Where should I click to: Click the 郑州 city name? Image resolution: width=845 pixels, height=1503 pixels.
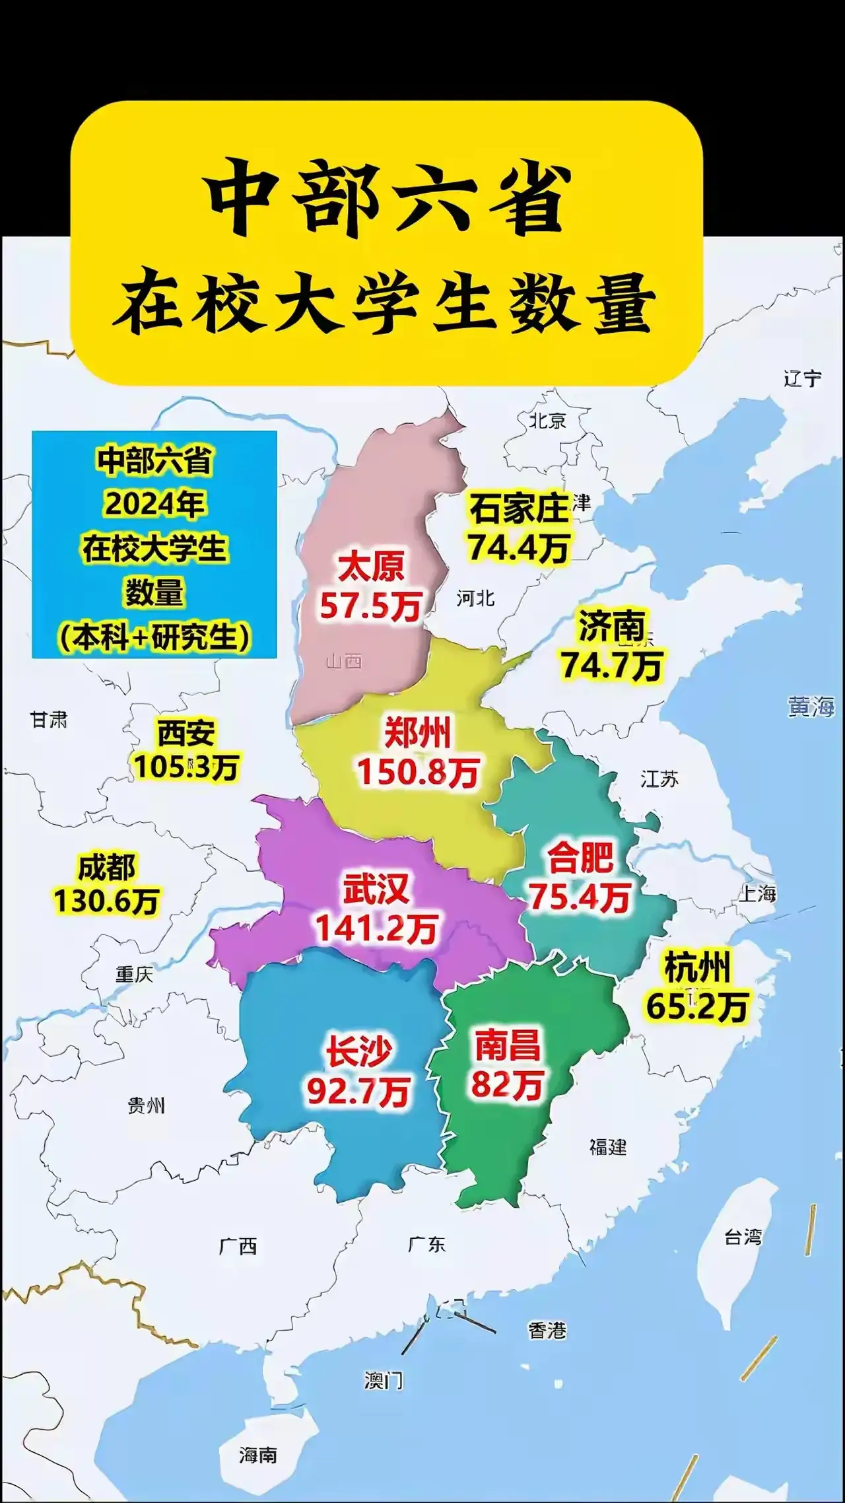coord(417,732)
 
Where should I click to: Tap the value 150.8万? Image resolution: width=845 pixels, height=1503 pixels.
coord(418,772)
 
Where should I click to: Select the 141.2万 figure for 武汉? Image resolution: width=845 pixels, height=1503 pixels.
coord(376,928)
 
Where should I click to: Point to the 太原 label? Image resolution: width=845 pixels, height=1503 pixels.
coord(371,567)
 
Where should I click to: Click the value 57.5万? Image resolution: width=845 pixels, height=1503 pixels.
coord(370,606)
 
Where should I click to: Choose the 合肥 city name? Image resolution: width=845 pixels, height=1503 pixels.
coord(580,857)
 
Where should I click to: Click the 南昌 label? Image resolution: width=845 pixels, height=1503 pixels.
coord(507,1045)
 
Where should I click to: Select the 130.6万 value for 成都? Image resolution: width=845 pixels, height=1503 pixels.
coord(106,901)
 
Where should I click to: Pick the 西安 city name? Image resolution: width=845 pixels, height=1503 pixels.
coord(186,733)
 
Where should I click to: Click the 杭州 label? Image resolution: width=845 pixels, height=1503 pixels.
coord(696,968)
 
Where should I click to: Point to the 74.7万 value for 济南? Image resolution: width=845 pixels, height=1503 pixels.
coord(611,665)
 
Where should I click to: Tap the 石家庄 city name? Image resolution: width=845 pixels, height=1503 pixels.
coord(519,508)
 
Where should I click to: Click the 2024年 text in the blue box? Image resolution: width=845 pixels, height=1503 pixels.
coord(154,504)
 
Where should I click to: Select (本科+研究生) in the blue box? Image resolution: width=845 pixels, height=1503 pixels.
coord(154,637)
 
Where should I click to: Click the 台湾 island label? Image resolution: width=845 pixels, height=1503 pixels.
coord(743,1237)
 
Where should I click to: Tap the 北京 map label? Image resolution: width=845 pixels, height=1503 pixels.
coord(547,420)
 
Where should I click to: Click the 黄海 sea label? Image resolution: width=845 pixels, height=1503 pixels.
coord(811,707)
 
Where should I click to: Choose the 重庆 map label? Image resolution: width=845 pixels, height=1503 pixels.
coord(134,974)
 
